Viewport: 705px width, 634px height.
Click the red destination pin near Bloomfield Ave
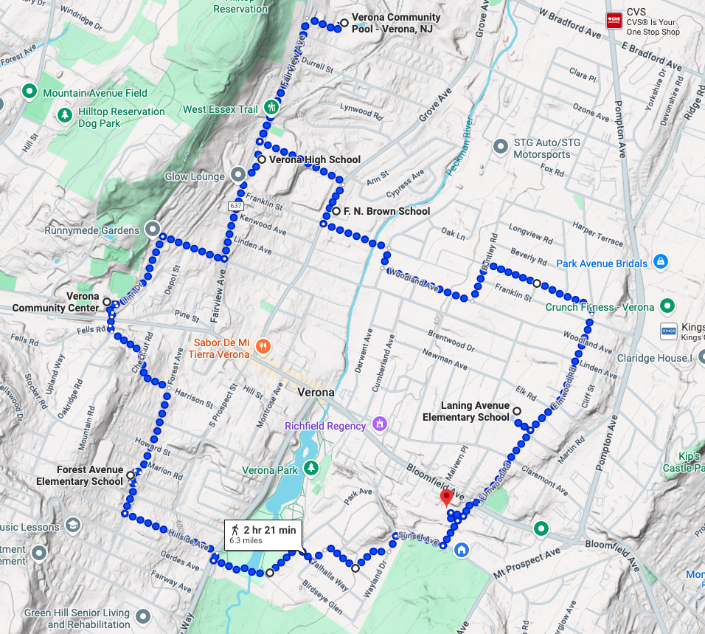[x=446, y=497]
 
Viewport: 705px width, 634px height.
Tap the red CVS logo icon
[x=614, y=21]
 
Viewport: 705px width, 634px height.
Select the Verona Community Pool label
[x=396, y=23]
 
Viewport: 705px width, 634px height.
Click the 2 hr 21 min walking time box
[x=263, y=534]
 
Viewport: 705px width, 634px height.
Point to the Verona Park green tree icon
[x=311, y=468]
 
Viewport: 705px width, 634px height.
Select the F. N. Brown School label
[x=381, y=211]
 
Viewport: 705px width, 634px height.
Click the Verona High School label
[x=315, y=159]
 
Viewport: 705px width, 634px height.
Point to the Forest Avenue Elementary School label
[x=80, y=475]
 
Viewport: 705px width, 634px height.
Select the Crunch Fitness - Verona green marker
[x=667, y=305]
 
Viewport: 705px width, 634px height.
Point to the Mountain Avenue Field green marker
[x=29, y=92]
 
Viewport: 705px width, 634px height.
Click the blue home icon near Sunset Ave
[x=462, y=549]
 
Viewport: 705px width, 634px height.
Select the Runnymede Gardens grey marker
[x=153, y=229]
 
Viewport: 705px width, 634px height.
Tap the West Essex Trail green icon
[x=271, y=108]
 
